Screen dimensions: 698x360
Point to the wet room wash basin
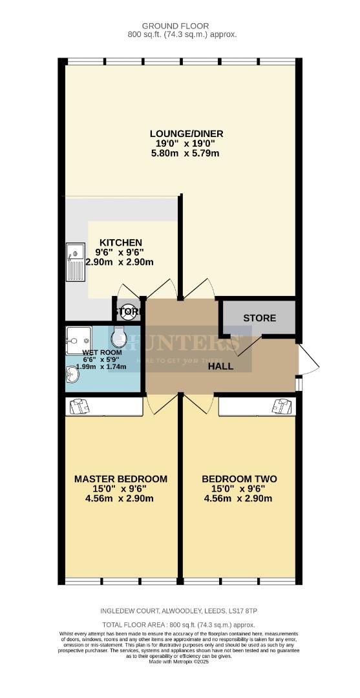point(72,375)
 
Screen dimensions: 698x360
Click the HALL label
point(220,366)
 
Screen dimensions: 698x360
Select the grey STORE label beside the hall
point(259,318)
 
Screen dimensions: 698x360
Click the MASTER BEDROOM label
point(121,479)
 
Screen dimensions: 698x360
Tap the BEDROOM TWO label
point(239,479)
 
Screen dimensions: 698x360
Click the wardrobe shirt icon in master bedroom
point(77,406)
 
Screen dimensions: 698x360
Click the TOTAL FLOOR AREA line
point(180,625)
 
